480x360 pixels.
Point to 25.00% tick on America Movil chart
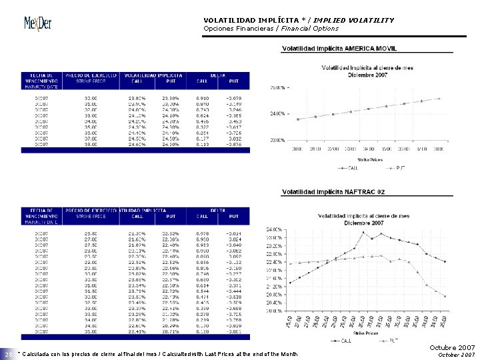[x=277, y=87]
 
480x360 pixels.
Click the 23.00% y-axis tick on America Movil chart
[x=277, y=140]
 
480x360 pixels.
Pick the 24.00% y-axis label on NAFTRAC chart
[x=275, y=229]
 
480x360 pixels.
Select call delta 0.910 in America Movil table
[x=203, y=97]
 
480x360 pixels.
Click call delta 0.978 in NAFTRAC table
[x=203, y=233]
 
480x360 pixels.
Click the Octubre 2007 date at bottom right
[x=452, y=347]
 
